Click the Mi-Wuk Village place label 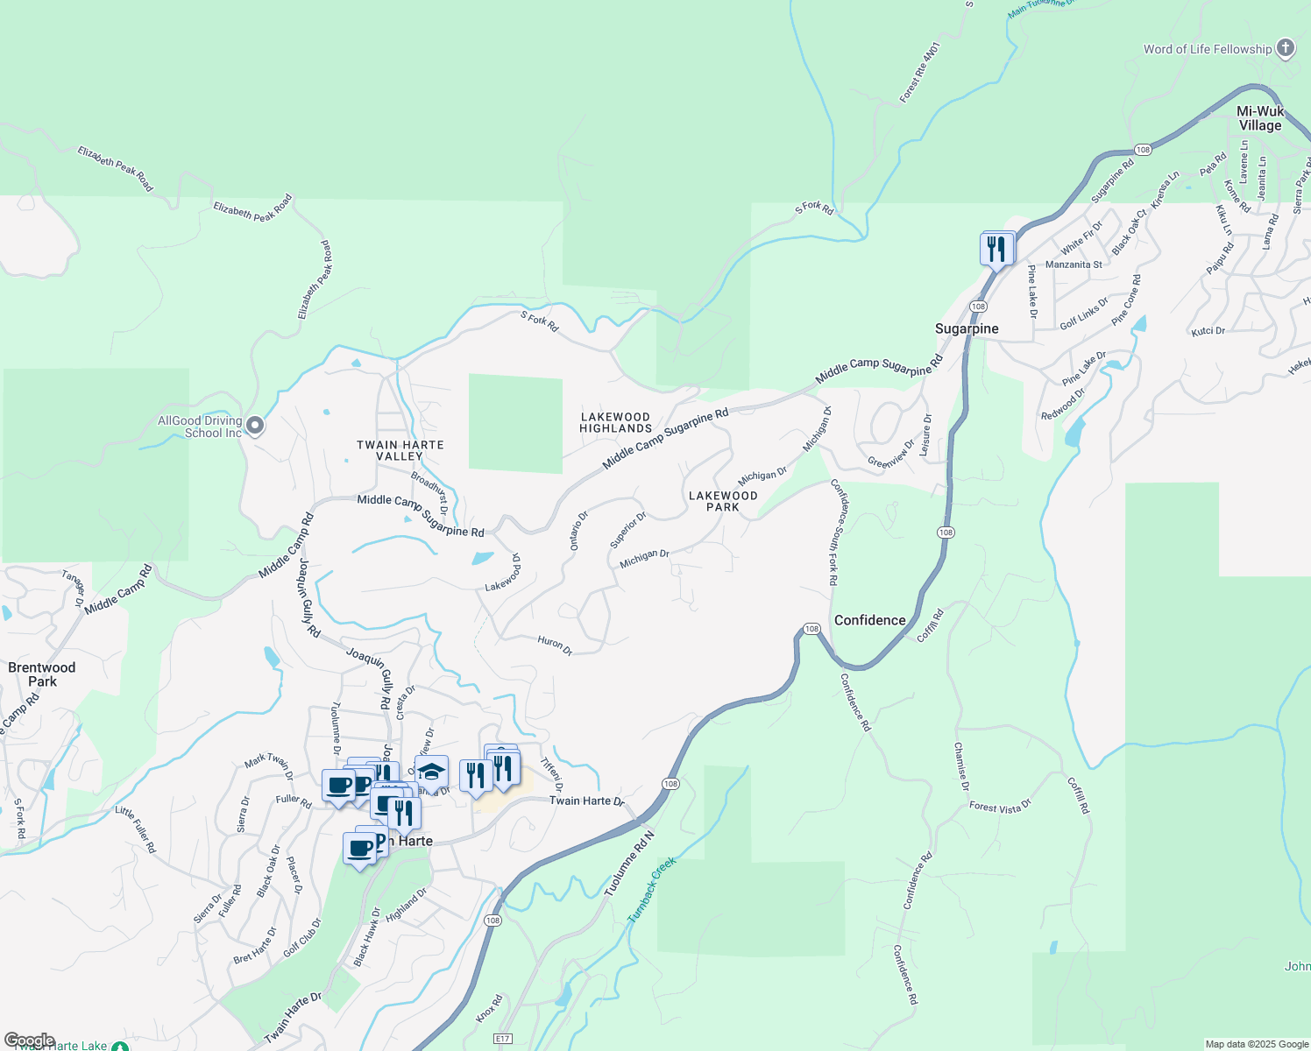(x=1260, y=118)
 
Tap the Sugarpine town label (x=967, y=329)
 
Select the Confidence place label (x=869, y=620)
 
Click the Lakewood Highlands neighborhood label (x=616, y=423)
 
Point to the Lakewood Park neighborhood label (x=723, y=501)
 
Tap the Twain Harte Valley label (x=400, y=450)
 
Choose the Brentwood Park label (x=42, y=674)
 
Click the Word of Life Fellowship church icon (x=1286, y=48)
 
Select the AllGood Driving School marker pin (x=255, y=426)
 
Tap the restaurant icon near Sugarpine (x=996, y=249)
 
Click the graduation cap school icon (x=431, y=772)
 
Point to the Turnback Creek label (x=653, y=889)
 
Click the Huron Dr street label (x=555, y=645)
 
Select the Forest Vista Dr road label (x=1000, y=807)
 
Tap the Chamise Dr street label (x=961, y=766)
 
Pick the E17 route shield (x=502, y=1039)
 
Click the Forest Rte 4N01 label (x=919, y=72)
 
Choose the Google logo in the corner (x=29, y=1040)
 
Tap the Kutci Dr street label (x=1208, y=331)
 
